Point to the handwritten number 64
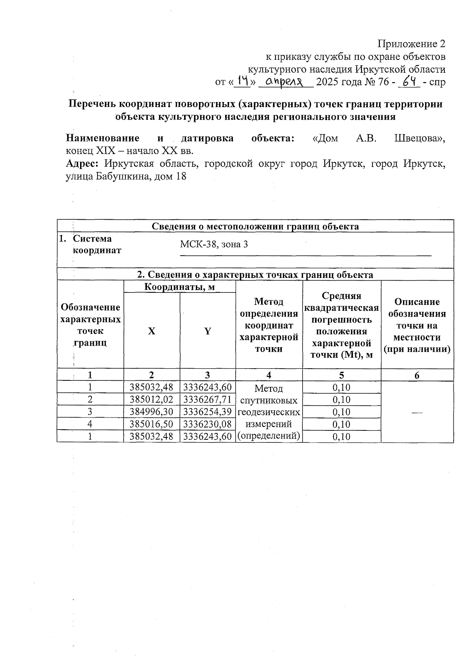409,81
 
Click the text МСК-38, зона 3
214,245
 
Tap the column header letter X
152,331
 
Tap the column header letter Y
208,331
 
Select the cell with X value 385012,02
152,400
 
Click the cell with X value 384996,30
152,412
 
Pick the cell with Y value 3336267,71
208,400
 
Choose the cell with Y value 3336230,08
208,424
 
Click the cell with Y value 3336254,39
208,412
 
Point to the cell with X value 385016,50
152,424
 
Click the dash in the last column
417,412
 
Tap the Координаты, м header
180,287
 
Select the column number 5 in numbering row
342,375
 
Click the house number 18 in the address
181,176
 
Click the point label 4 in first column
90,424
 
